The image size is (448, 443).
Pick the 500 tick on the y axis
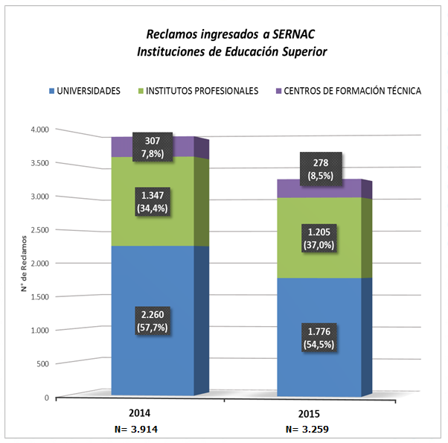click(42, 363)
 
